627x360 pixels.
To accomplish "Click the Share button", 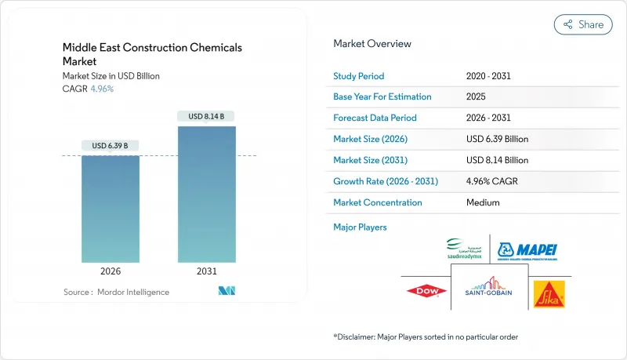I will [583, 24].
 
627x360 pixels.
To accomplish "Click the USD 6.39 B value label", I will [111, 145].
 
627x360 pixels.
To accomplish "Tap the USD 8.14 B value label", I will [207, 116].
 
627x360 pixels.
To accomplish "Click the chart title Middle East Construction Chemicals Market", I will [152, 54].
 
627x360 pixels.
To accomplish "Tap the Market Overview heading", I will [372, 44].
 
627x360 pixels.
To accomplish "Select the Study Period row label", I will [359, 76].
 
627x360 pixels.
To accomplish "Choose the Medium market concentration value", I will [483, 202].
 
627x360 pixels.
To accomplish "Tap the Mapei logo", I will [527, 251].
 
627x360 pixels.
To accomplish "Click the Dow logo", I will [426, 292].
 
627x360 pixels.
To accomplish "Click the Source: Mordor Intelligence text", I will [115, 292].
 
